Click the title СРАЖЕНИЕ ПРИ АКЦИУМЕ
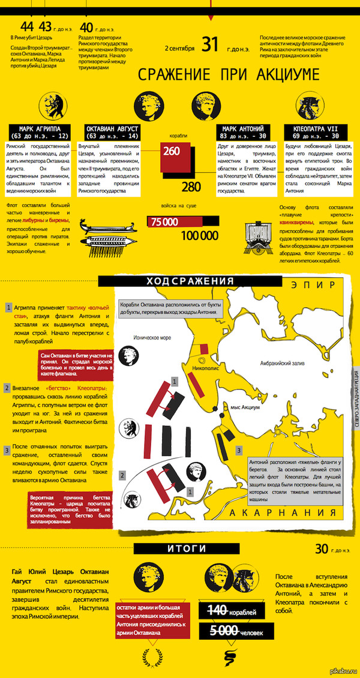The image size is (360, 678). pos(229,74)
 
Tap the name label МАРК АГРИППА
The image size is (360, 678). pos(40,132)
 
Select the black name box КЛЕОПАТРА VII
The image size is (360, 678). pos(315,132)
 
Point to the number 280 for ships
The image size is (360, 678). pos(191,187)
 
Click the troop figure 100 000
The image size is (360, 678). pos(199,236)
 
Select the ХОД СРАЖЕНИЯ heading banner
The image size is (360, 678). pos(190,281)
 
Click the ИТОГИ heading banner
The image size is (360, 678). pos(186,549)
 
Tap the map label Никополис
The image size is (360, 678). pos(205,369)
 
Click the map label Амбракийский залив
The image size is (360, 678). pos(283,364)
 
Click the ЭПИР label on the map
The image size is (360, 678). pos(313,284)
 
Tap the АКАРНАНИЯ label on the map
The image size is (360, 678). pos(283,513)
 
